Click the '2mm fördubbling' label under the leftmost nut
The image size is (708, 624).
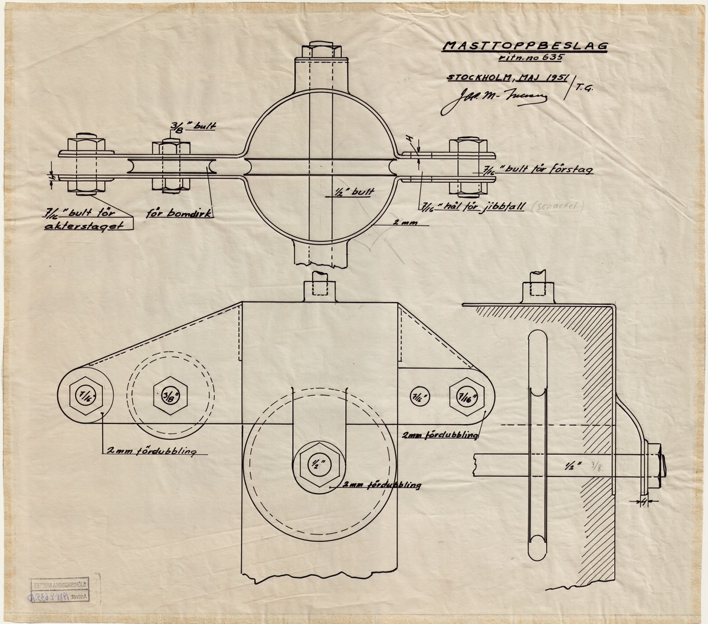[x=150, y=452]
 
